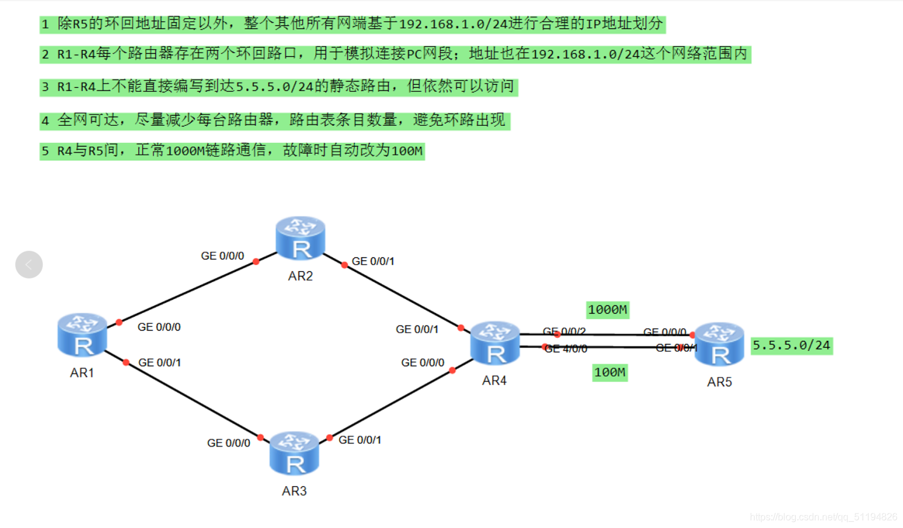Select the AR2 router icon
coord(300,239)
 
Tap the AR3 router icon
coord(294,454)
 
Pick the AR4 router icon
coord(495,343)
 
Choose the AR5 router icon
coord(719,345)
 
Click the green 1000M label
coord(608,310)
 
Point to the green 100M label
coord(609,372)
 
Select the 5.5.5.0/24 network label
coord(791,346)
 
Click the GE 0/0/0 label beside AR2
coord(222,256)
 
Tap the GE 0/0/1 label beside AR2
coord(373,262)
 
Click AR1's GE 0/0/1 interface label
coord(159,363)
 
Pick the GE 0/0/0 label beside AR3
coord(228,443)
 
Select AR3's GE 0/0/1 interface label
coord(360,440)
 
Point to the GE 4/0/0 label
coord(566,349)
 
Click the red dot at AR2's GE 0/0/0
coord(256,262)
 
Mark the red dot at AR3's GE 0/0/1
coord(329,438)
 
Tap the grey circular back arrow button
coord(29,265)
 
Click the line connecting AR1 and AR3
coord(194,400)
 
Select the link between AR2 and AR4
coord(402,297)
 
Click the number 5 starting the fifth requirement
coord(45,151)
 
